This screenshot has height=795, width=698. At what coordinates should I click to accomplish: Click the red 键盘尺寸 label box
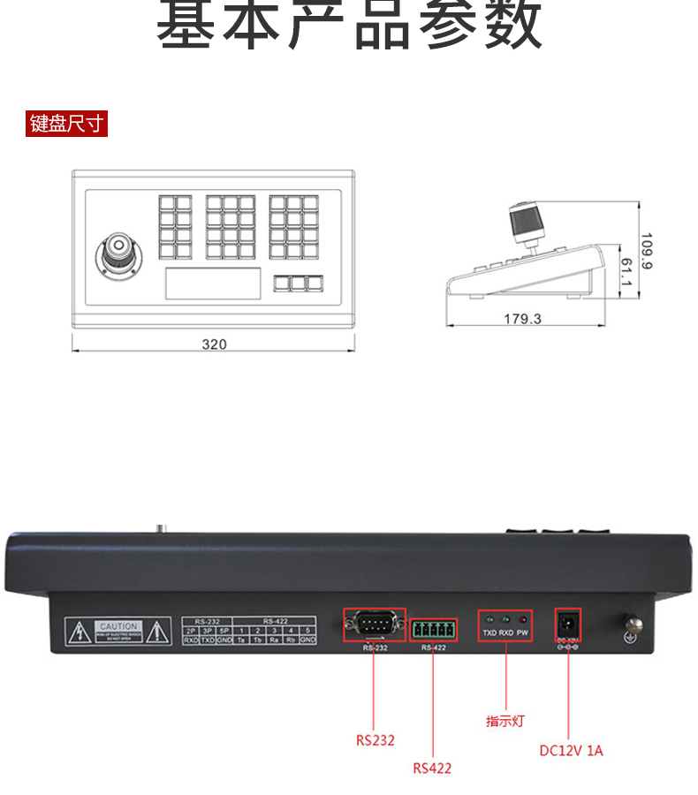[67, 124]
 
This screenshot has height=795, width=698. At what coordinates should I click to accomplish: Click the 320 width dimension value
[214, 344]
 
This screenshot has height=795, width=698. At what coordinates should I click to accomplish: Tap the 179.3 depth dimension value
[522, 319]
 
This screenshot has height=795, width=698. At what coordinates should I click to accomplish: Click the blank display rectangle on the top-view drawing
[213, 284]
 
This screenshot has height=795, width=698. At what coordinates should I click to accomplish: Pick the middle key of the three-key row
[299, 284]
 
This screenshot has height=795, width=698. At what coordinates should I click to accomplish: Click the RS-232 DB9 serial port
[373, 626]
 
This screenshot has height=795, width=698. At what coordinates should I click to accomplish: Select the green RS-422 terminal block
[433, 630]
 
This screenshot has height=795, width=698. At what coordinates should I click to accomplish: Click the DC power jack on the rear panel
[566, 625]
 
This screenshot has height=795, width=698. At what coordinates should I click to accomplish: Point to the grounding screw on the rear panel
[631, 628]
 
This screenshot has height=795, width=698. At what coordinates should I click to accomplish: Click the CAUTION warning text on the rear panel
[119, 626]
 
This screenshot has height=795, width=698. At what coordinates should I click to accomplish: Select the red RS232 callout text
[376, 740]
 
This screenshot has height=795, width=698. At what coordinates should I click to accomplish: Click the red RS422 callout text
[432, 768]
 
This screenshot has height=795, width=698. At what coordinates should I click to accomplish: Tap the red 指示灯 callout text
[505, 721]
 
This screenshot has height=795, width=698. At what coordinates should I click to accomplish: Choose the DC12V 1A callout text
[571, 751]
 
